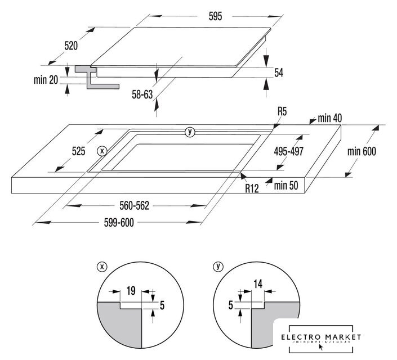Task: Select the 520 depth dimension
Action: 70,46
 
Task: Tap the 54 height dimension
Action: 278,73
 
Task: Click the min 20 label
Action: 46,80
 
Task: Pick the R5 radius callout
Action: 282,112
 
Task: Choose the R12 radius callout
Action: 251,189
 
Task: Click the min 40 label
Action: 330,118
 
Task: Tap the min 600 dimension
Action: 361,151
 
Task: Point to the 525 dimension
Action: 78,151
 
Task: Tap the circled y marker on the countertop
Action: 190,132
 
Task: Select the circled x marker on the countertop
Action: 101,151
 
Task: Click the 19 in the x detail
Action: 130,291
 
